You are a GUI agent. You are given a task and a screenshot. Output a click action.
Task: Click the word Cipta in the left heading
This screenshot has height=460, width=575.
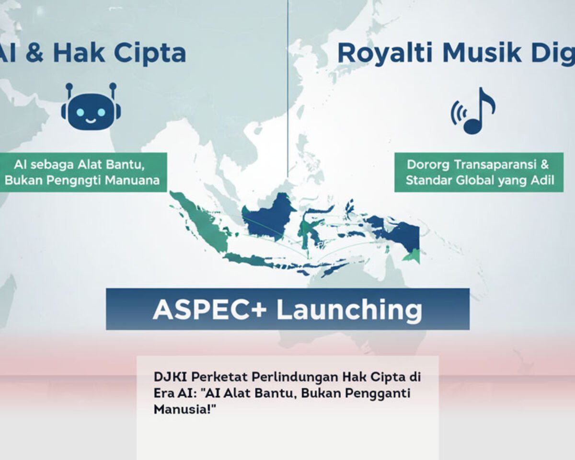coord(153,53)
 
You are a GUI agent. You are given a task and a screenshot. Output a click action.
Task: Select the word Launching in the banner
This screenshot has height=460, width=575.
coord(349,310)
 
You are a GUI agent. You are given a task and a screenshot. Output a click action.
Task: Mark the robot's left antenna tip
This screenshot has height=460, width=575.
coord(69,86)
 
